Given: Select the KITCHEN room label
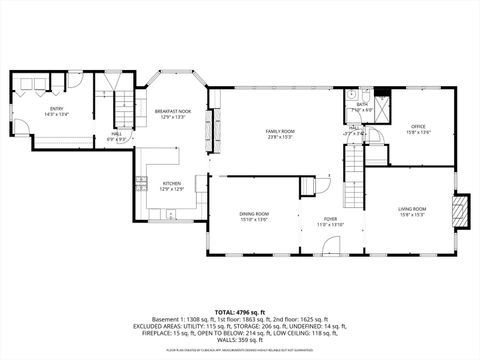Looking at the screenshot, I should pos(173,183).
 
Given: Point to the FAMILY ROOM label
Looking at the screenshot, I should pos(280,131).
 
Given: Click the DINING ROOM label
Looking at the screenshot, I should pos(254,214).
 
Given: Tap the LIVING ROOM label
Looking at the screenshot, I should pos(413,208).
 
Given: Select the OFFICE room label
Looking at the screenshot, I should pos(418,126).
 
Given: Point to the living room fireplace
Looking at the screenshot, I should pos(460,209).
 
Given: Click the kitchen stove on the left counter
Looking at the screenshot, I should pos(140,181).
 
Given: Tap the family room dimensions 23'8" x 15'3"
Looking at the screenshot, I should pos(280,137).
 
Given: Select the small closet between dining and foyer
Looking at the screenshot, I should pos(314,186).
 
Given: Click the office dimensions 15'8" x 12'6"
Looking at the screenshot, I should pos(418,132).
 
